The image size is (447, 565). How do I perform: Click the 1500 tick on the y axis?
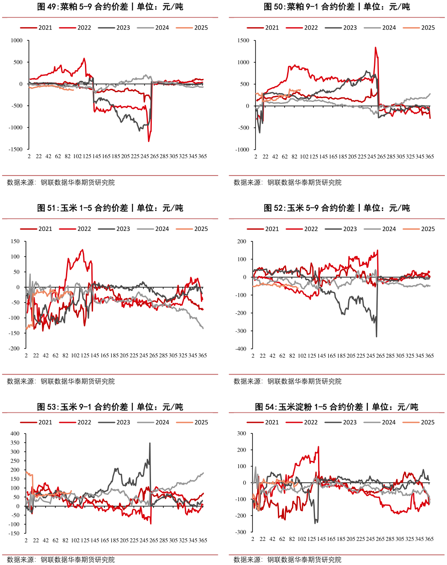pyautogui.click(x=244, y=41)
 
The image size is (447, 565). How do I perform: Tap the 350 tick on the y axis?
pyautogui.click(x=15, y=443)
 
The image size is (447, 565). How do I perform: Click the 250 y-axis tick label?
pyautogui.click(x=15, y=461)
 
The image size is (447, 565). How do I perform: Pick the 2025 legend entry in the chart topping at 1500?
pyautogui.click(x=428, y=27)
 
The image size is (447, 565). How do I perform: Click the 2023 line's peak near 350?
pyautogui.click(x=150, y=443)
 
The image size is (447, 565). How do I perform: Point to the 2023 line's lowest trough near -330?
pyautogui.click(x=376, y=336)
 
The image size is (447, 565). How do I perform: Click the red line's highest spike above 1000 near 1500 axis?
pyautogui.click(x=375, y=47)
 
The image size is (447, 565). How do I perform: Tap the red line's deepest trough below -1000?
pyautogui.click(x=148, y=141)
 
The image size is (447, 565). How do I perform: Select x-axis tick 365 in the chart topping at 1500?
pyautogui.click(x=429, y=156)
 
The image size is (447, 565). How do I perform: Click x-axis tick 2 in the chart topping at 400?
pyautogui.click(x=26, y=540)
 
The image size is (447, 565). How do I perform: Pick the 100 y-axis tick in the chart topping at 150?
pyautogui.click(x=15, y=257)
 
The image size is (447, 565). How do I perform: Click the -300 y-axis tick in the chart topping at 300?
pyautogui.click(x=241, y=532)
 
